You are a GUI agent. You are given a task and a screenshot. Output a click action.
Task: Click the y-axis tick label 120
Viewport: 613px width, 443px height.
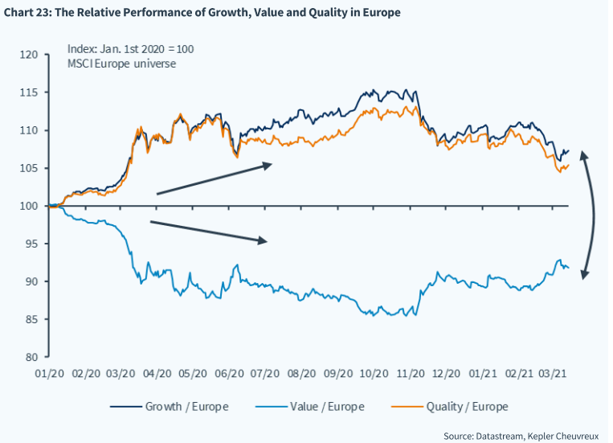click(30, 55)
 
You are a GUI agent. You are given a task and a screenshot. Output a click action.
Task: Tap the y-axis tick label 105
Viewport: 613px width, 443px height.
click(30, 168)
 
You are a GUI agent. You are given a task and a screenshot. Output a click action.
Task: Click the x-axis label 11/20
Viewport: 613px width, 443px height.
click(411, 374)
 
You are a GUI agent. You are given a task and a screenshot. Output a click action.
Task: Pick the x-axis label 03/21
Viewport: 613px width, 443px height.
click(556, 374)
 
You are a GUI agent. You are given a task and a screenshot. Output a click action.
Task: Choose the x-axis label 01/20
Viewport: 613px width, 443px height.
click(50, 374)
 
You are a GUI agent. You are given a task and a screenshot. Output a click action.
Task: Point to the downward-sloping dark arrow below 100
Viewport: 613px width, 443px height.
click(209, 231)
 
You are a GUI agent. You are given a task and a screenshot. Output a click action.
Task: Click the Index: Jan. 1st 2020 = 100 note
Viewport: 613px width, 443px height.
click(130, 49)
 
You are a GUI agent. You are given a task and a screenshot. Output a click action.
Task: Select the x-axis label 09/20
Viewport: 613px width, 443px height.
click(338, 374)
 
